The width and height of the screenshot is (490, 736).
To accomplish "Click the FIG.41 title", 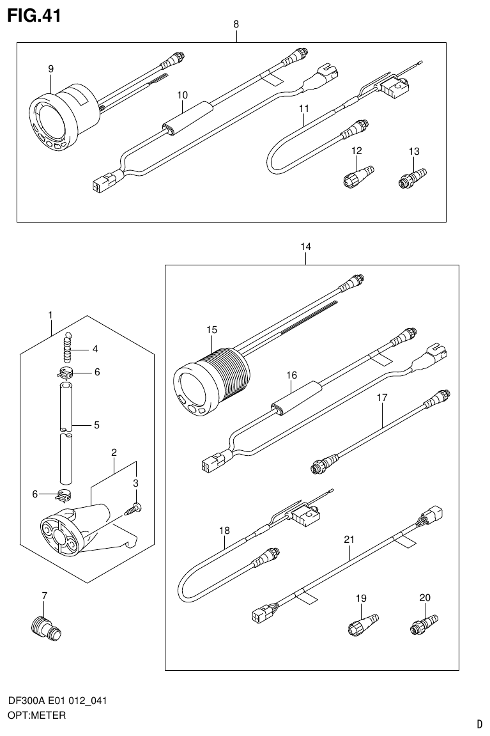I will pos(34,15).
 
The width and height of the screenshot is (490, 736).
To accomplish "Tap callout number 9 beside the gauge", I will pos(50,69).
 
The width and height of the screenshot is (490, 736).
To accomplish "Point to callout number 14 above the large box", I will pos(305,246).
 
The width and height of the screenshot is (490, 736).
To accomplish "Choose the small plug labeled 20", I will pos(422,623).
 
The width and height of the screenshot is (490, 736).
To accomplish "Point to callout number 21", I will pos(349,540).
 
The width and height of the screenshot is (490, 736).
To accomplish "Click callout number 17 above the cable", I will pos(382,398).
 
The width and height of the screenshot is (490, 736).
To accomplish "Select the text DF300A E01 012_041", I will pos(57,701).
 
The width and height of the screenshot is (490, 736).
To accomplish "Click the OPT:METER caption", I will pos(36,716).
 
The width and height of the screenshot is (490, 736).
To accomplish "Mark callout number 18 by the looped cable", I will pos(224,531).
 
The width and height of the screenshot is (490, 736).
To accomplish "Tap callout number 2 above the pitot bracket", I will pos(114,453).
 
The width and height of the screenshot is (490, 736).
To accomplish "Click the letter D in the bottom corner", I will pos(479,724).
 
